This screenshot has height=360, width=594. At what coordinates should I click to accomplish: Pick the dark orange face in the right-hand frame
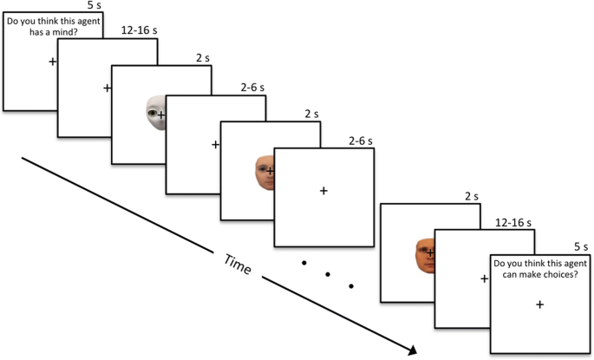(424, 255)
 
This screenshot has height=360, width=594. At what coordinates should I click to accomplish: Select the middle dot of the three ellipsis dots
(329, 274)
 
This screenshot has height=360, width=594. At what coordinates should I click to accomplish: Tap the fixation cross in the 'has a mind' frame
(52, 62)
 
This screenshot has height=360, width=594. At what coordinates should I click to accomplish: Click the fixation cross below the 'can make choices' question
(539, 304)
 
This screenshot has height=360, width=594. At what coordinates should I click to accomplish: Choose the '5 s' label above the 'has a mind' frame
(95, 5)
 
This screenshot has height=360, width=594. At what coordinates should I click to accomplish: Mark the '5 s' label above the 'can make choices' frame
(581, 246)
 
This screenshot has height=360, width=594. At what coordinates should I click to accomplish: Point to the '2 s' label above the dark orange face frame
(470, 196)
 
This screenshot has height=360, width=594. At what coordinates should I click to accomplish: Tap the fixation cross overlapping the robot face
(161, 114)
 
